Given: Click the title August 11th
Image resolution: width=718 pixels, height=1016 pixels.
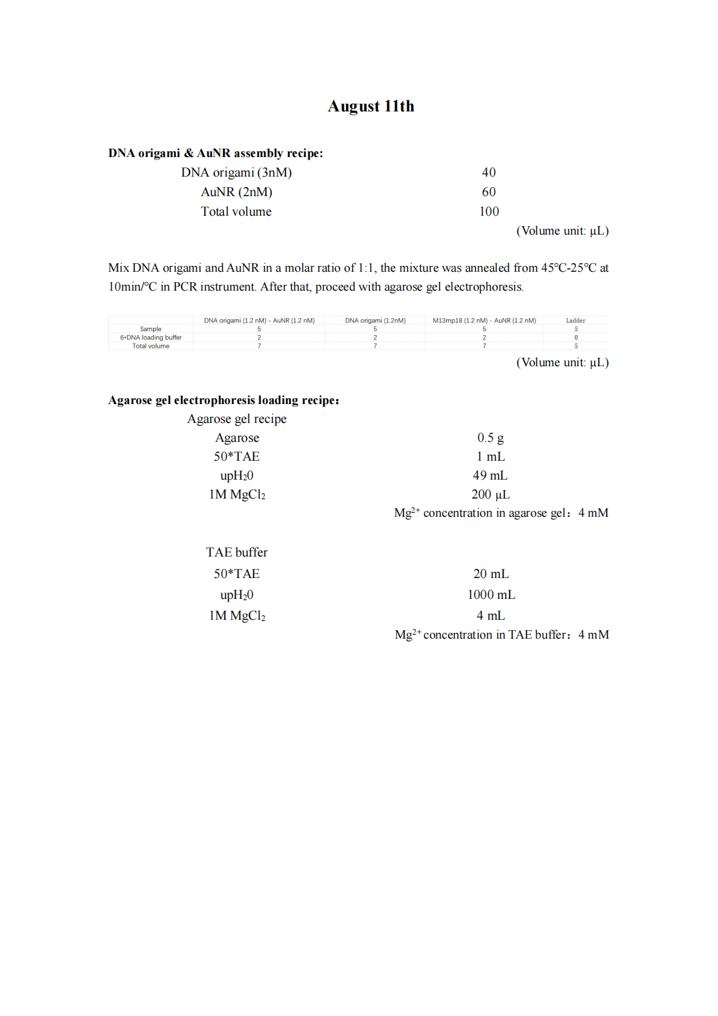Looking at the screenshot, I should [371, 106].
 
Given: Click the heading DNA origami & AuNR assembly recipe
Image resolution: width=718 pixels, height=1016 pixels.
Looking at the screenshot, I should [215, 153].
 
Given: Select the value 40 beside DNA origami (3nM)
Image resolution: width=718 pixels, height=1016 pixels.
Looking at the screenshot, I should [489, 172].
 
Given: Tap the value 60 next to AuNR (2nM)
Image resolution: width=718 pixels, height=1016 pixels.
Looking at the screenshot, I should [489, 192].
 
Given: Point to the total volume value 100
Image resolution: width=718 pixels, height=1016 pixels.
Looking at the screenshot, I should [489, 211].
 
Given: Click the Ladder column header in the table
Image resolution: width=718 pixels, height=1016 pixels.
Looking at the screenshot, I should [575, 321].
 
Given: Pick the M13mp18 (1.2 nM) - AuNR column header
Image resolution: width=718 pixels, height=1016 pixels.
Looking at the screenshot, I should [484, 321].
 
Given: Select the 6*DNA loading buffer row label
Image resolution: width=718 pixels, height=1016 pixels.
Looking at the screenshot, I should [151, 338].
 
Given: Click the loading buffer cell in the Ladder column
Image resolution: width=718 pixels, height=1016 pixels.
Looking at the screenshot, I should [575, 338].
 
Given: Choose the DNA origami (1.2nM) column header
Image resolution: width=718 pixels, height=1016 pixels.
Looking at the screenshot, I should [375, 321].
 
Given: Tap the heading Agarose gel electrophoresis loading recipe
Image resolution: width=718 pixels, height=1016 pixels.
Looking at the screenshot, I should [223, 400].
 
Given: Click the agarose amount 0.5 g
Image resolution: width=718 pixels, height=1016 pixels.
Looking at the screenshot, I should [490, 438].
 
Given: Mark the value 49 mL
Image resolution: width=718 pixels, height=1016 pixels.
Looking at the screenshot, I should [490, 476].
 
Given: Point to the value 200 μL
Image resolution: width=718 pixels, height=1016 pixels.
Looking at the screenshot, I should [490, 495].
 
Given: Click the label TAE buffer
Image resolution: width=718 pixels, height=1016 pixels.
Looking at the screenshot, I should [237, 553].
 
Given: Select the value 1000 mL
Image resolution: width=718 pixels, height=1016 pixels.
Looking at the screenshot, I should [491, 595].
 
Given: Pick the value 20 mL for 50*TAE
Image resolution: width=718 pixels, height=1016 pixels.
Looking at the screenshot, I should [491, 574].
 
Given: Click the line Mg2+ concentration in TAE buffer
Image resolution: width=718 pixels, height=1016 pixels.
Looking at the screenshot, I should [502, 635].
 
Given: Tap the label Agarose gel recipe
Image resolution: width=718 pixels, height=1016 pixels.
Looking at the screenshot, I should [237, 419].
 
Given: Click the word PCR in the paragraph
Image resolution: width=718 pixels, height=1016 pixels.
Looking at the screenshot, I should [184, 287].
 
